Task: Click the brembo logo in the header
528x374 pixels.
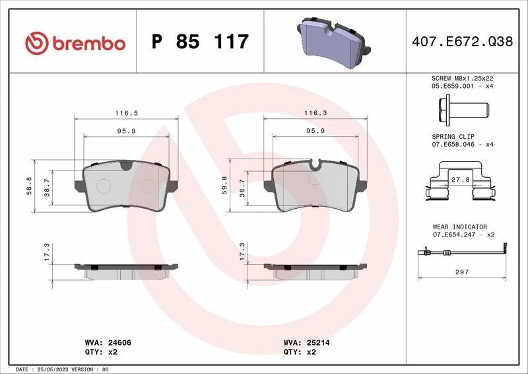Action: [x=75, y=43]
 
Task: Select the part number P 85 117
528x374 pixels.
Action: [x=200, y=42]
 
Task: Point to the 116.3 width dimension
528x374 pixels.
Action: [x=315, y=113]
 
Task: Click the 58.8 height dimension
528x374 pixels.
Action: [x=28, y=187]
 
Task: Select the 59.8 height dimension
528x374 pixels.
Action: [x=224, y=187]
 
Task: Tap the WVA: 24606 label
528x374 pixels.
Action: [x=109, y=344]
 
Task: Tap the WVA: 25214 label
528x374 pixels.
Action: [x=306, y=344]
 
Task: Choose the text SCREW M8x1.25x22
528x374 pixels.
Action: [x=462, y=78]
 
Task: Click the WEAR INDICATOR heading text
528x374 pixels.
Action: [x=459, y=227]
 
